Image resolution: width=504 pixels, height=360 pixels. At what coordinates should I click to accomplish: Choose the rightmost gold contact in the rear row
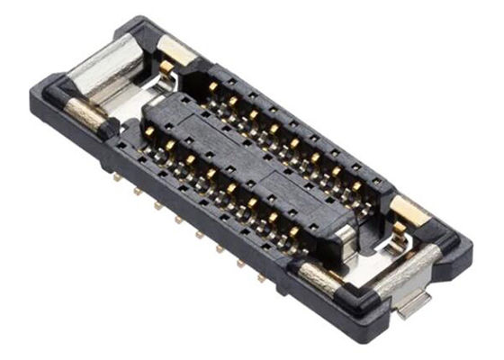click(357, 186)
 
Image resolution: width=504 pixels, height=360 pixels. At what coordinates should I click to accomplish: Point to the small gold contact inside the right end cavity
click(397, 239)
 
